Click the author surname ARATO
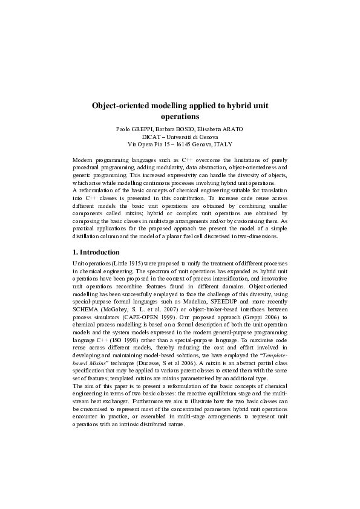click(232, 129)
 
